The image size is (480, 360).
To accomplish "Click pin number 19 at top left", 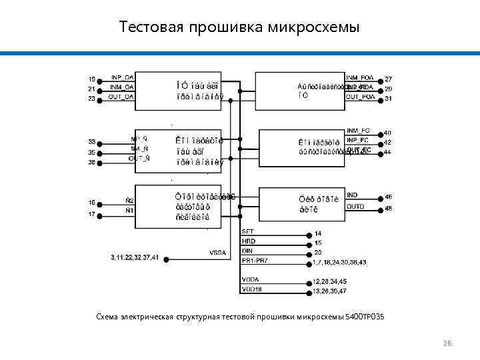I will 92,78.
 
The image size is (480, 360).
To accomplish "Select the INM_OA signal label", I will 122,87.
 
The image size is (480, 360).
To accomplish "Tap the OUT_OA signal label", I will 121,97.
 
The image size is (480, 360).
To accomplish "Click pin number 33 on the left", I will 92,141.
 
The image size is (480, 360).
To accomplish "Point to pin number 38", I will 92,162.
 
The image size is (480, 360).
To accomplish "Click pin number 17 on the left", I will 92,214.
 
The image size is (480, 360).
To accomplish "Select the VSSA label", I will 218,252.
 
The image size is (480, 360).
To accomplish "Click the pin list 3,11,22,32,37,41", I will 135,257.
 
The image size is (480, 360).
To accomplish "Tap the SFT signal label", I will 247,231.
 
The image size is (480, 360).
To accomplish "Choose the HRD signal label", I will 249,241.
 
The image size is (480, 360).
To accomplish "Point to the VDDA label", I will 251,279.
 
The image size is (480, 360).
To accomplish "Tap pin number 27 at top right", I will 388,79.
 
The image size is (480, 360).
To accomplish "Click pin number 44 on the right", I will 387,153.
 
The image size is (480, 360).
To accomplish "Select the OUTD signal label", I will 355,206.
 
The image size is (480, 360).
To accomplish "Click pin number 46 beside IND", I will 388,197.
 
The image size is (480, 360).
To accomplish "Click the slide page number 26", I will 447,343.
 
